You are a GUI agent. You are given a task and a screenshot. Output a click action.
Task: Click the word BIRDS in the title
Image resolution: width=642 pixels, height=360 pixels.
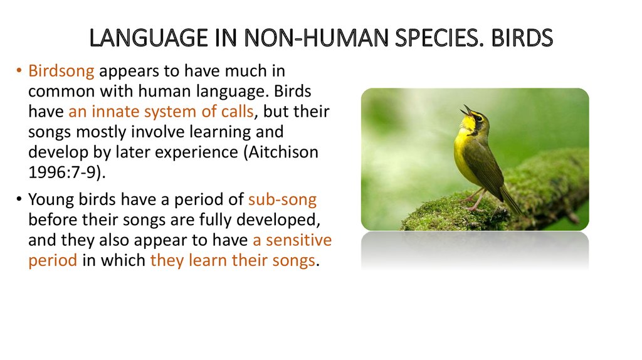pyautogui.click(x=522, y=38)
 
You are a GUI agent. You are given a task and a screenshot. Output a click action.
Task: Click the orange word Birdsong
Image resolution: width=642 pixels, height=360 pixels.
pyautogui.click(x=61, y=71)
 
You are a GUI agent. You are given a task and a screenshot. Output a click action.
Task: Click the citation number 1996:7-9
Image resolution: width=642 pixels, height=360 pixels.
pyautogui.click(x=65, y=172)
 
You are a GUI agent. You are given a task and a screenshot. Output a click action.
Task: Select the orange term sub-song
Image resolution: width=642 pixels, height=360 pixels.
pyautogui.click(x=283, y=200)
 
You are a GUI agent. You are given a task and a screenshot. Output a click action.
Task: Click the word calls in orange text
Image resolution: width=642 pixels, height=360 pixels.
pyautogui.click(x=238, y=112)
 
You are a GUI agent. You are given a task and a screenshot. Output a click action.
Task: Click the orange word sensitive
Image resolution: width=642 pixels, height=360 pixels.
pyautogui.click(x=299, y=240)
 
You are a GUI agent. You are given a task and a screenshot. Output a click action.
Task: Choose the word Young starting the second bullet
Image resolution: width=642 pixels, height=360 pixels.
pyautogui.click(x=51, y=200)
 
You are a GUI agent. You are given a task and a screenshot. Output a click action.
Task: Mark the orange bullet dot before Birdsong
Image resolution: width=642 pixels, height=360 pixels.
pyautogui.click(x=19, y=71)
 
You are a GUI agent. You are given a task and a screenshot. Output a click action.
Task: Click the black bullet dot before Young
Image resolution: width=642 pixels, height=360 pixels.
pyautogui.click(x=19, y=199)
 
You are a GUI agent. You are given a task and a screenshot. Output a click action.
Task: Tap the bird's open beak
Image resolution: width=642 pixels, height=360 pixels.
pyautogui.click(x=466, y=110)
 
